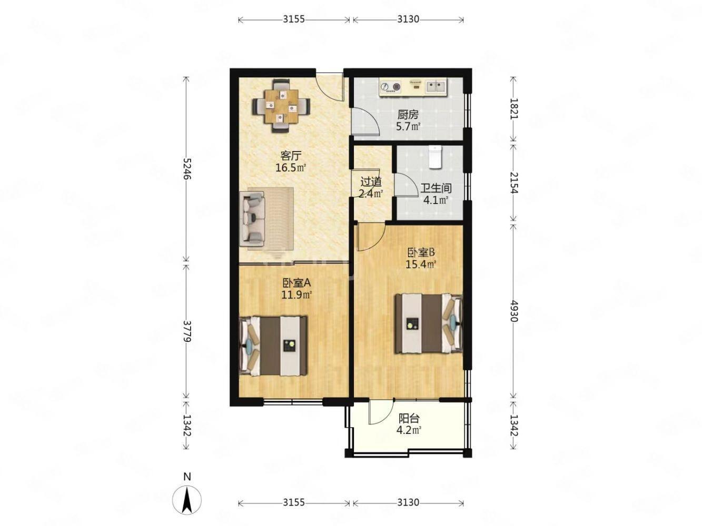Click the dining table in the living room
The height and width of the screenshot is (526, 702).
pos(281,106)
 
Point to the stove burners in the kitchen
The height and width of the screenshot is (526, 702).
pos(390,87)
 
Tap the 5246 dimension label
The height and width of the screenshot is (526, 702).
pos(186,169)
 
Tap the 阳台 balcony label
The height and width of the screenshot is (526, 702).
pos(409,418)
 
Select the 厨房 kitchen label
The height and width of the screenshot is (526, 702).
pos(408,114)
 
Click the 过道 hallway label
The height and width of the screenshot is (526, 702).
pos(371,182)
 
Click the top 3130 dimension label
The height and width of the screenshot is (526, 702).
pos(408,19)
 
